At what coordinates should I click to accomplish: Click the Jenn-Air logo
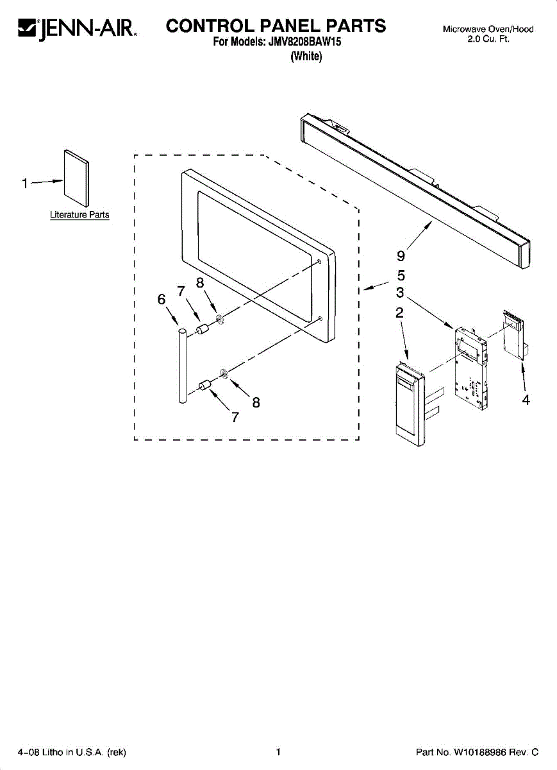76,28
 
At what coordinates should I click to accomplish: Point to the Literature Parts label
79,215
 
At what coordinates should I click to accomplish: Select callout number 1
24,184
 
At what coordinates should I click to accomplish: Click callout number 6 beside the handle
162,300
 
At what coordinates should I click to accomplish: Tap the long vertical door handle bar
182,366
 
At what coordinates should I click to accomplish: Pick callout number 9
401,256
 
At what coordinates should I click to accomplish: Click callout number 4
526,400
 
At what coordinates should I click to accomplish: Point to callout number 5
401,276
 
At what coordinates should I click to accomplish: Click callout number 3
399,293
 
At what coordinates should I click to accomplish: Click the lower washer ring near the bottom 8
224,373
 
